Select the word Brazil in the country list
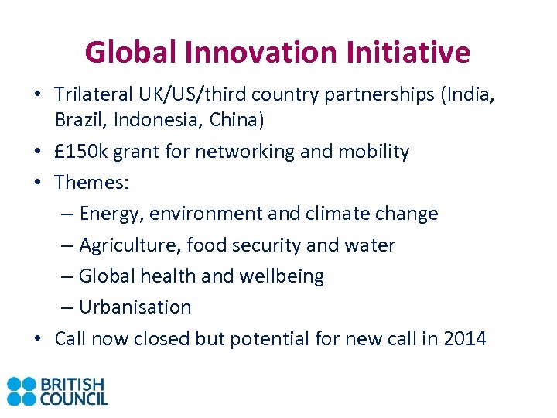pos(77,120)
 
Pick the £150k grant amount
pos(81,151)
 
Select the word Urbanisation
pos(135,307)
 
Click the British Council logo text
pos(73,391)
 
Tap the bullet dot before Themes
pos(37,183)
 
